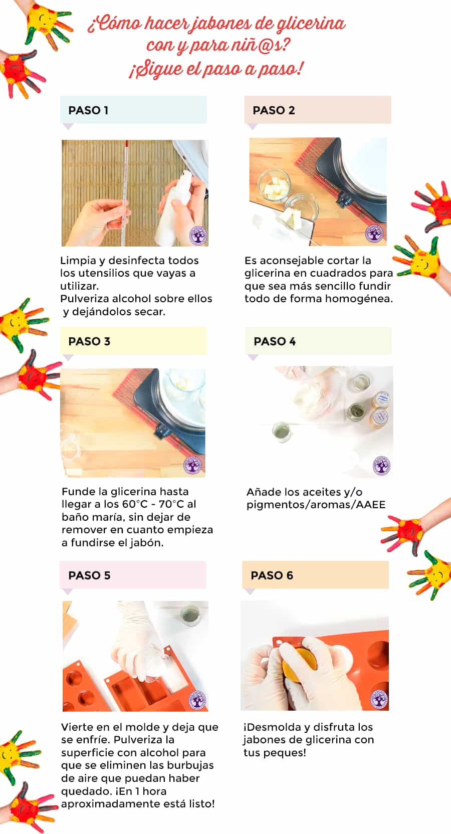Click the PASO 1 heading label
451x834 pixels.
pos(88,110)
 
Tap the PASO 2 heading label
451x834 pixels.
pos(274,110)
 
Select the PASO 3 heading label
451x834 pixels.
pos(89,341)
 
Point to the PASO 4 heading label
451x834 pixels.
pos(275,341)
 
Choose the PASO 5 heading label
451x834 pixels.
pos(89,575)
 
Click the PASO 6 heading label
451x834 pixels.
pos(272,575)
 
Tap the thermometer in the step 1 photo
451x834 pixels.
pos(125,193)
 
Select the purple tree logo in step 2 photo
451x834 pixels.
pos(374,234)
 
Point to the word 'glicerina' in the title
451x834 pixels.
pos(311,25)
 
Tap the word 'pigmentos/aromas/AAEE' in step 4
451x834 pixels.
pos(316,505)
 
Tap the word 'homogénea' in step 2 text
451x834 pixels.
pos(359,299)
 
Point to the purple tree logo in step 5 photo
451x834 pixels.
pos(197,700)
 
